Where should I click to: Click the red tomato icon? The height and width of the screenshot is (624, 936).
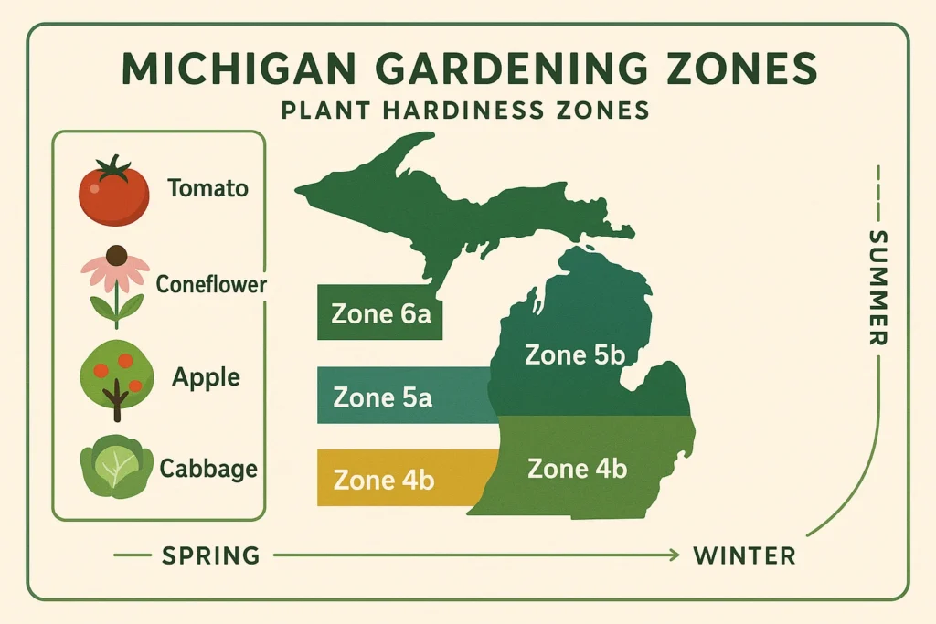pos(113,194)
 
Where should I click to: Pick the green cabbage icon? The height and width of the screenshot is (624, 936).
pos(116,467)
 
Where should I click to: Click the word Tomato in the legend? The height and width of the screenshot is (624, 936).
pos(207,189)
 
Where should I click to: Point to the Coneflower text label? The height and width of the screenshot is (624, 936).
pos(210,284)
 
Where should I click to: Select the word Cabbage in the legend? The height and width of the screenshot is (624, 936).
pos(208,470)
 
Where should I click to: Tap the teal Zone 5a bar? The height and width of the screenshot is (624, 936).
pos(402,397)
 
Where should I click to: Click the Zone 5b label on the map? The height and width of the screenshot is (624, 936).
pos(574,354)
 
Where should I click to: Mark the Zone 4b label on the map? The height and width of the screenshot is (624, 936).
pos(578,470)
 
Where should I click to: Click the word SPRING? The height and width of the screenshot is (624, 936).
pos(210,555)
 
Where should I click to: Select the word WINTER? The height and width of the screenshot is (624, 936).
pos(744,555)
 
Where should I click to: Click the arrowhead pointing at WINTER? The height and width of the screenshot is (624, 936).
pos(675,555)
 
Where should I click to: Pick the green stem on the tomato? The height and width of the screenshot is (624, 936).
pos(114,168)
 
